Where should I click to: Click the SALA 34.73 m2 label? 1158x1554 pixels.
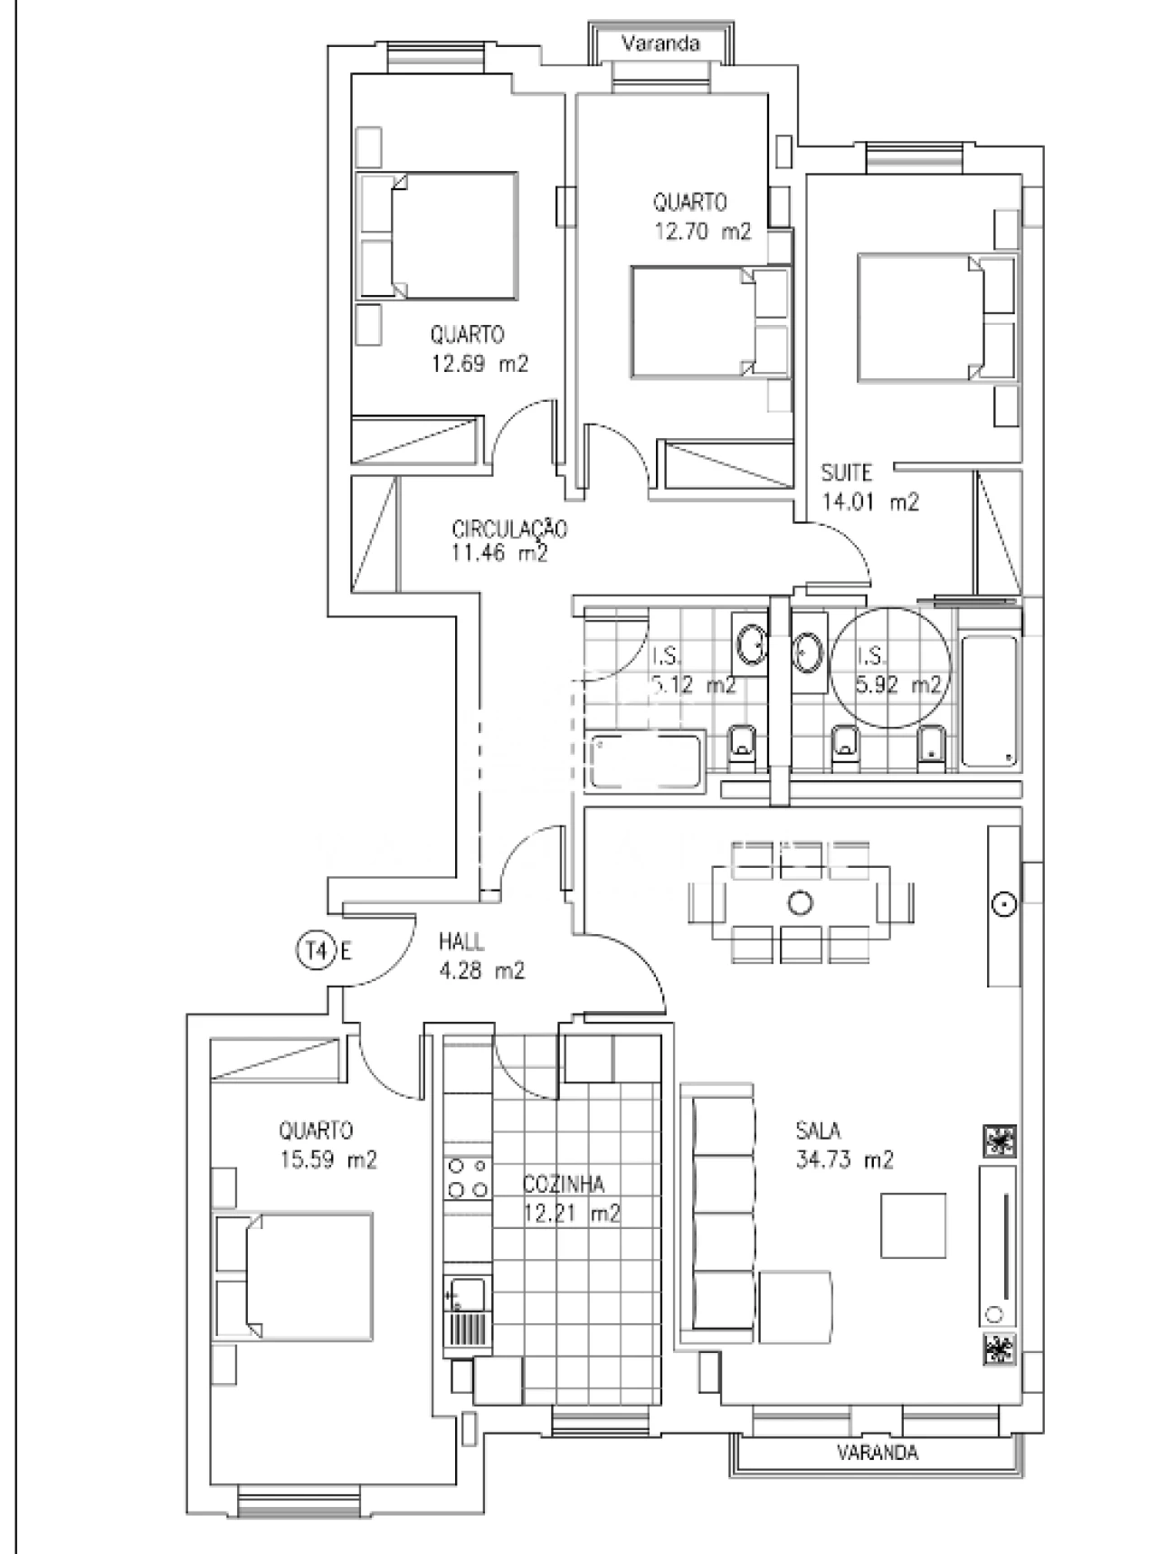point(843,1145)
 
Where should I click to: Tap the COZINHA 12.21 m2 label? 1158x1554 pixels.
point(571,1198)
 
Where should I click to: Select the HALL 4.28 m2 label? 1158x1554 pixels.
point(480,957)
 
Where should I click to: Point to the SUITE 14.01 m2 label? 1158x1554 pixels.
point(868,487)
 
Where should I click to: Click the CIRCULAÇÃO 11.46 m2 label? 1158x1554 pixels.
point(508,540)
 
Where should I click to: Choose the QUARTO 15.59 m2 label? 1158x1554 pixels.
point(327,1145)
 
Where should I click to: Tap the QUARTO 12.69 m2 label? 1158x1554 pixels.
point(478,349)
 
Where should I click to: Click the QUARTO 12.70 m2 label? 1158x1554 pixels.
point(701,216)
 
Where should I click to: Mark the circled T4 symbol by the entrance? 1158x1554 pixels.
point(316,950)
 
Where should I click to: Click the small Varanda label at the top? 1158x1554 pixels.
point(660,43)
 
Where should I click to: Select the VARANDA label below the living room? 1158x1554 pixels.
point(877,1454)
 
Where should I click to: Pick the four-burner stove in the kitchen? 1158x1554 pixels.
point(468,1177)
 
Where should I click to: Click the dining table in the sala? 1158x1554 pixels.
point(800,902)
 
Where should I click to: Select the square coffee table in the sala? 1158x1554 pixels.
point(914,1225)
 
